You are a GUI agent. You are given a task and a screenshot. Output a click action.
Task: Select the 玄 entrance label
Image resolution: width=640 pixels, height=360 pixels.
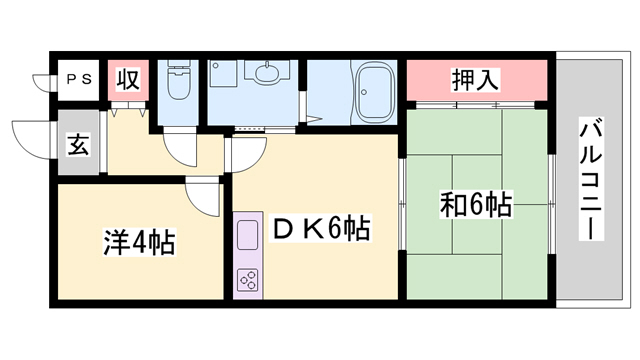[x=78, y=144]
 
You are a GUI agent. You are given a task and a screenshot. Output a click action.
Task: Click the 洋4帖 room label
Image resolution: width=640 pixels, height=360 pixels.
[x=139, y=242]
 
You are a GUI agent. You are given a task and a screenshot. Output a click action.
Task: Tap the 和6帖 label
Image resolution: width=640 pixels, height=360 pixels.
[x=476, y=206]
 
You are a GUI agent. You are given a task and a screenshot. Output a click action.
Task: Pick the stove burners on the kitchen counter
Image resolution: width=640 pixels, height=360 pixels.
[x=246, y=280]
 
